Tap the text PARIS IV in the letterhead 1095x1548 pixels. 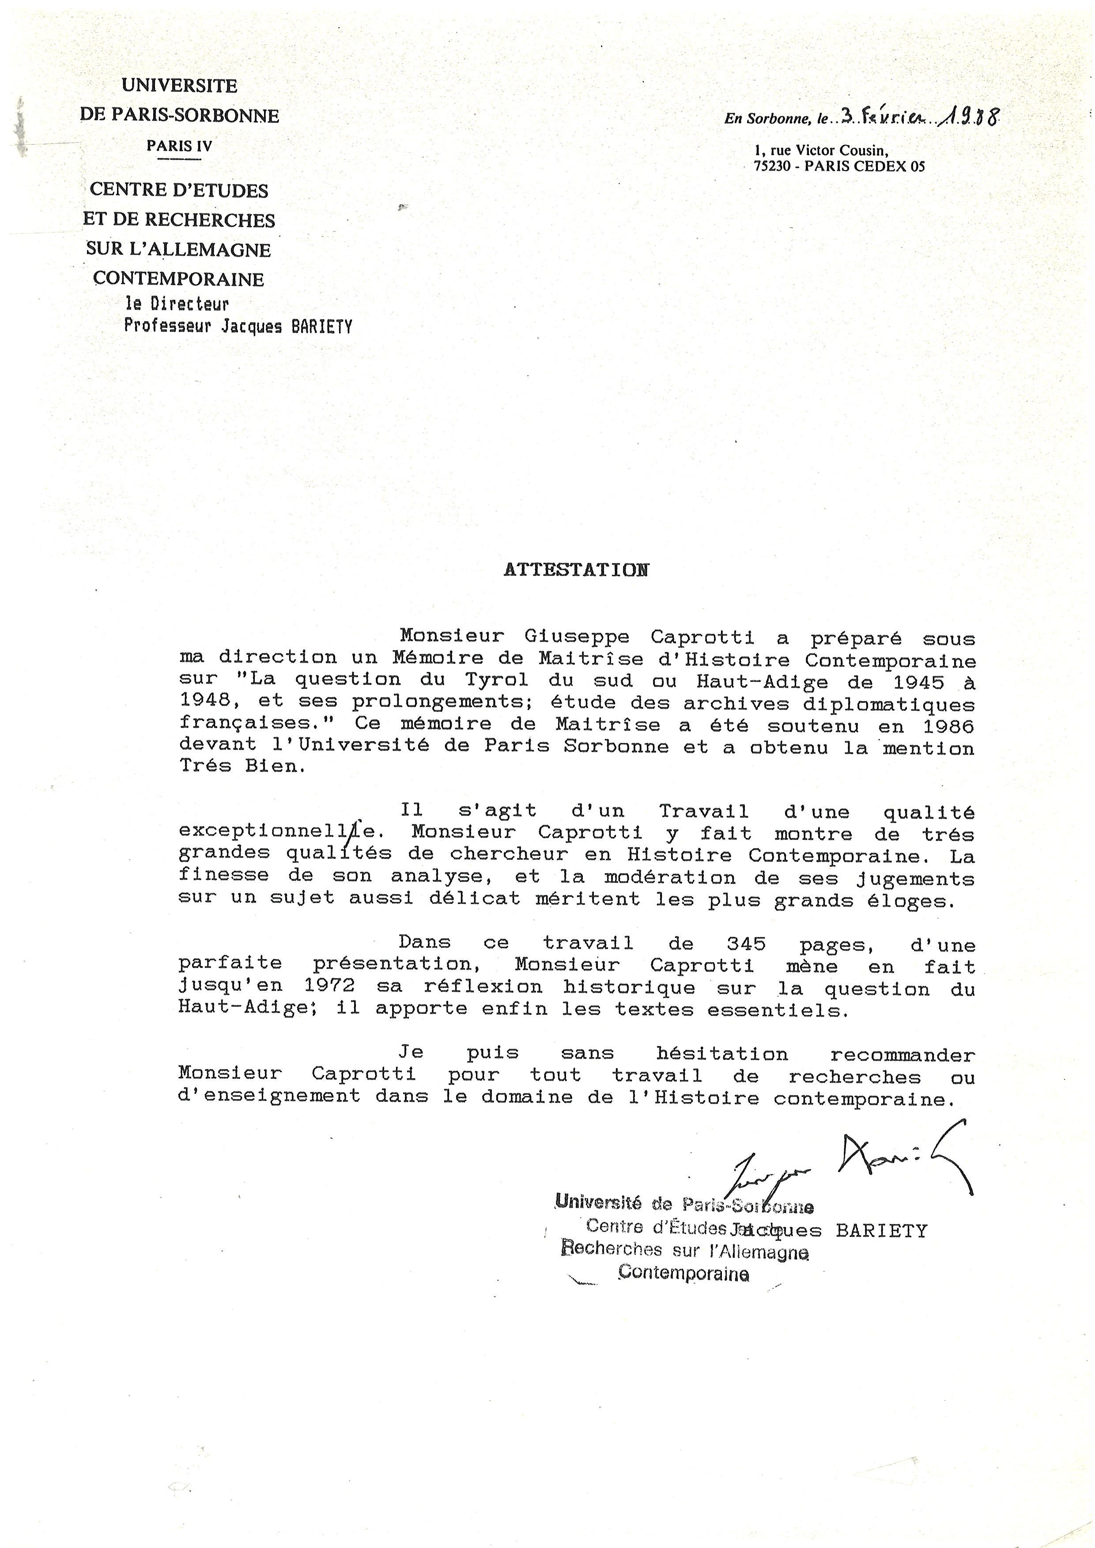click(179, 146)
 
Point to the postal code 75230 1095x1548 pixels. click(771, 167)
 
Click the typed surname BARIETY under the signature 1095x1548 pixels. click(881, 1230)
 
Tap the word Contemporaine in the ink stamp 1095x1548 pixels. click(683, 1274)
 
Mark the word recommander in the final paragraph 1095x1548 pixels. click(902, 1054)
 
